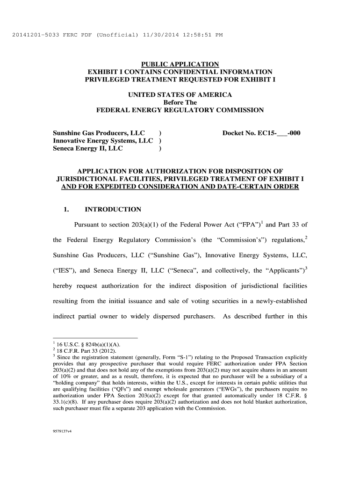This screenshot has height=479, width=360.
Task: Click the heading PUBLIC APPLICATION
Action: (180, 64)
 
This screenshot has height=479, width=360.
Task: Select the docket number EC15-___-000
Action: (261, 133)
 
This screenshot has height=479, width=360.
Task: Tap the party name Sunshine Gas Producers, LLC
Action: (98, 133)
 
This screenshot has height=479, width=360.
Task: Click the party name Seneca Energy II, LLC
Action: (88, 149)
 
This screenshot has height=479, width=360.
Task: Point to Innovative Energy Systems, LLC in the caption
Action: (103, 141)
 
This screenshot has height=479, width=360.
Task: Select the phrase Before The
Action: (180, 102)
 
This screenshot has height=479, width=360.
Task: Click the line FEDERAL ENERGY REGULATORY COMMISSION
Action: (180, 110)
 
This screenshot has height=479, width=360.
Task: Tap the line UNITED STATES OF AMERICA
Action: (180, 95)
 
